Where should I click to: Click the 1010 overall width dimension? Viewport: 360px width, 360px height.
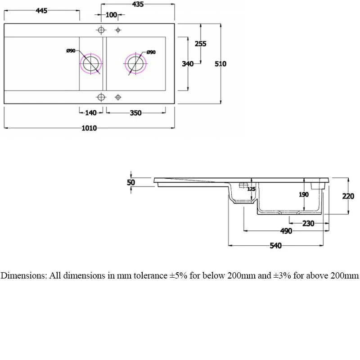tap(89, 128)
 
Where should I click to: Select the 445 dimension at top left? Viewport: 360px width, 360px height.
tap(41, 11)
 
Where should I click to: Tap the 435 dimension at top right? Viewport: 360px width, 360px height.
tap(138, 4)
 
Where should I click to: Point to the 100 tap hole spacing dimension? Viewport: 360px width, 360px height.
tap(111, 15)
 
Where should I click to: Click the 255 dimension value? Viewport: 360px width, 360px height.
tap(200, 44)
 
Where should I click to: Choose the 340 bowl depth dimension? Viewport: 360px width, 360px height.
tap(188, 64)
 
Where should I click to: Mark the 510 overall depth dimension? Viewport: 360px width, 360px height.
tap(220, 64)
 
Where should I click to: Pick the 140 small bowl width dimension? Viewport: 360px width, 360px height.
tap(91, 113)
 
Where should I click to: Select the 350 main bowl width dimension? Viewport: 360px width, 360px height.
tap(135, 113)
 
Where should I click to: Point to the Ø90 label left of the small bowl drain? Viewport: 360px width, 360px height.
tap(71, 51)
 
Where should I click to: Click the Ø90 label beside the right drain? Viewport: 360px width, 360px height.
tap(151, 53)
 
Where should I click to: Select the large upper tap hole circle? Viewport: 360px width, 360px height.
tap(101, 30)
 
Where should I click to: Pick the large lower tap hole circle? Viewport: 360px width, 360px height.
tap(101, 97)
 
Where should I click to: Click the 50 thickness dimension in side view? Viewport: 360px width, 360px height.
tap(131, 182)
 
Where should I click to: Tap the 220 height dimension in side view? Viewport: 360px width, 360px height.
tap(348, 196)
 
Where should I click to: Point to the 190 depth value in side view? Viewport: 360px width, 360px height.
tap(304, 195)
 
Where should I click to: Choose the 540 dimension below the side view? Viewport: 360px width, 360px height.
tap(275, 246)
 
